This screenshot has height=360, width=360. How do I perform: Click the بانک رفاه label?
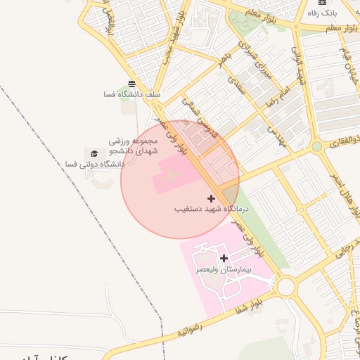325,13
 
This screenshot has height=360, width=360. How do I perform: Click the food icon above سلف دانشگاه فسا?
131,83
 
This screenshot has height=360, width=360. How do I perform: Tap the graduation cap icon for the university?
94,153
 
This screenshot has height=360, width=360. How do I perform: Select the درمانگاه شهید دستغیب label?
210,209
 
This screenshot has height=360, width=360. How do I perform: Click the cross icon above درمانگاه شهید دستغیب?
211,199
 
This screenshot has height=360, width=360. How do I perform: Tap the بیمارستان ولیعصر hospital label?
224,269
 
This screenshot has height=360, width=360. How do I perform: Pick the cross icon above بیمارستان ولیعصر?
224,258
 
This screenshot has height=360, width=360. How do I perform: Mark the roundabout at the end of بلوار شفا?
286,286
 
